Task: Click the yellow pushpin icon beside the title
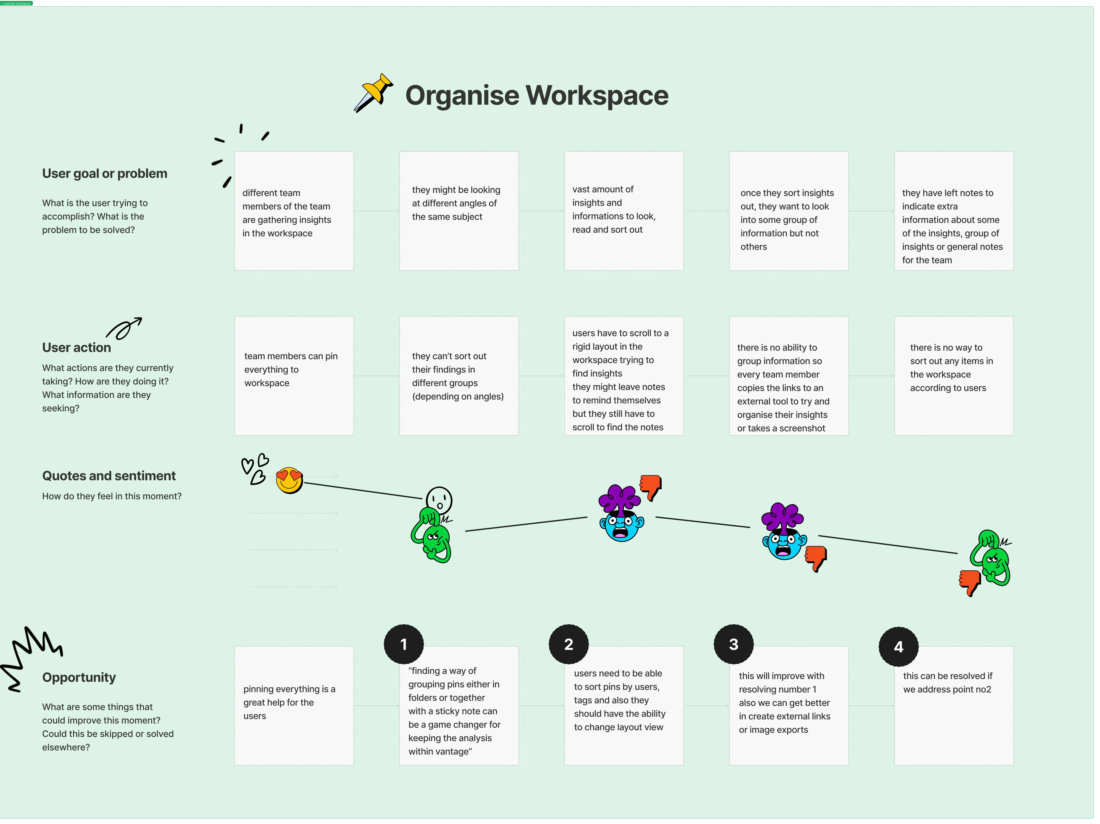(x=374, y=92)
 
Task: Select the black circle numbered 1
(x=403, y=644)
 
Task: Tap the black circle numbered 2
(x=568, y=644)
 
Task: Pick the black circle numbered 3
(x=734, y=644)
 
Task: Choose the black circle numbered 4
(x=898, y=646)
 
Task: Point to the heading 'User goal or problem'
(x=104, y=174)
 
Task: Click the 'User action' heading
(x=77, y=348)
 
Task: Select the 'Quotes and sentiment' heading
(x=109, y=476)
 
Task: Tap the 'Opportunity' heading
(x=79, y=677)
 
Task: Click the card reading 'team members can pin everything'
(x=294, y=376)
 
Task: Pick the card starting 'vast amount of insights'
(x=624, y=211)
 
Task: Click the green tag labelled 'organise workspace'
(x=16, y=3)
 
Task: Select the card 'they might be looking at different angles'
(x=458, y=211)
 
